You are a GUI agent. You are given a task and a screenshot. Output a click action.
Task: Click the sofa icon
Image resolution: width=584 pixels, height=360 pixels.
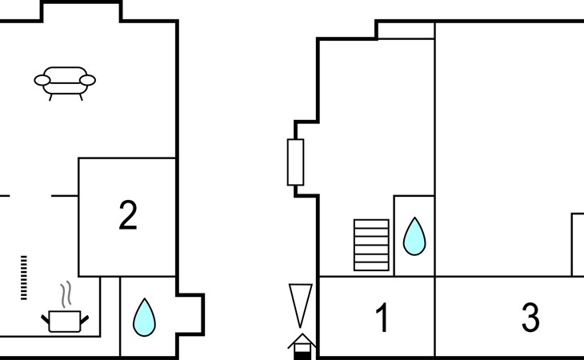65,83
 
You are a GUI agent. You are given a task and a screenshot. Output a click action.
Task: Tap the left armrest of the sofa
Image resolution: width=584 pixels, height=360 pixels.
42,80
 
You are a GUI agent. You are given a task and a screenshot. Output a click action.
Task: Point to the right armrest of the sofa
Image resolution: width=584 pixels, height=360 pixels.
87,80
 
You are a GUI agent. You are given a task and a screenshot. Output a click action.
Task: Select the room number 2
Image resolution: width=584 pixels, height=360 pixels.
128,215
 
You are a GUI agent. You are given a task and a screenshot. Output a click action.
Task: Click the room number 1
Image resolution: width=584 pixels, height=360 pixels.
382,317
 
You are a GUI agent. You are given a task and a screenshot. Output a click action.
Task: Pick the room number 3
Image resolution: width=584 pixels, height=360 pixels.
530,317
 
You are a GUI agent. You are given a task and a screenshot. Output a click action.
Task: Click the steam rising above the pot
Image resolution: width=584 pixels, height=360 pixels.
66,294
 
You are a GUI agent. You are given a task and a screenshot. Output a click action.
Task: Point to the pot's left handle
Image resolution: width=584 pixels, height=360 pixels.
45,319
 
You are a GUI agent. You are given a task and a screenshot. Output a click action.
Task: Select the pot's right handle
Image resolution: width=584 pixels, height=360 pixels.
85,319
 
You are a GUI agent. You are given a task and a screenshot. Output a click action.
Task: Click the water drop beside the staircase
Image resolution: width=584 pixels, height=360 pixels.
414,237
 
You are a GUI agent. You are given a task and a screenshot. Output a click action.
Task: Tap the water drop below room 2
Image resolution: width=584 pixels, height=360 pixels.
144,317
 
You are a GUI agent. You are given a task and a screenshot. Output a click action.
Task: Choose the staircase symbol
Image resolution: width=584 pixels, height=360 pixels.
371,245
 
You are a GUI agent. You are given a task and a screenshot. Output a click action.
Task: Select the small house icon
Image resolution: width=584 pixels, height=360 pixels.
302,346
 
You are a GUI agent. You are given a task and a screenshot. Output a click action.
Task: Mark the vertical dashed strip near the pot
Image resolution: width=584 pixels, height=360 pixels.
24,278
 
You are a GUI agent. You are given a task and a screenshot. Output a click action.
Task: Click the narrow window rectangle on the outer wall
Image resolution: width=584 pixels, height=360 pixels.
295,162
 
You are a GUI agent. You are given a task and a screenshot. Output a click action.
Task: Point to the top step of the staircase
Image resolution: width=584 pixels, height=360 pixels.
371,223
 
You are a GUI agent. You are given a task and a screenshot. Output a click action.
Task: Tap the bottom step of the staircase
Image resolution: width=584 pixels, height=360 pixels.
371,266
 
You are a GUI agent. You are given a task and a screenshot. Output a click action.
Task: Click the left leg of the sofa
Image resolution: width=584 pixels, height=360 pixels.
50,97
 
